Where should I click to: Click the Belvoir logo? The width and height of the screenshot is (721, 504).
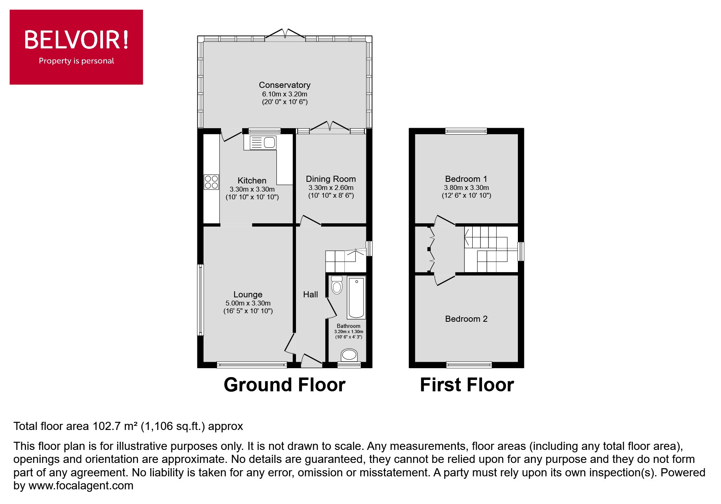[77, 47]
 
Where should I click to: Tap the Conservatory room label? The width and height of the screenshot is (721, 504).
[285, 85]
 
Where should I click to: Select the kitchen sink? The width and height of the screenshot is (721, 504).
[263, 143]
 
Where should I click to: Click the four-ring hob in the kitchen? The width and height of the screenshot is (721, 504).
[211, 182]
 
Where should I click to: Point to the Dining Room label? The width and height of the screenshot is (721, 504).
[331, 179]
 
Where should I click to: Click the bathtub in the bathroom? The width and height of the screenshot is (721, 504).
[356, 297]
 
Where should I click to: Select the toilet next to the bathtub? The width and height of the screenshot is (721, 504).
[337, 285]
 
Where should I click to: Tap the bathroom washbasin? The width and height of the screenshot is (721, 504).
[349, 355]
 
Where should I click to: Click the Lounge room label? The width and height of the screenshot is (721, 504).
[248, 295]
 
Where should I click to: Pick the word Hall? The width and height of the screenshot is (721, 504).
[310, 295]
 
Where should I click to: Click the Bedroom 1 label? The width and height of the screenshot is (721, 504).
[466, 179]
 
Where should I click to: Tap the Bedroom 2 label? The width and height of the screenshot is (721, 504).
[466, 319]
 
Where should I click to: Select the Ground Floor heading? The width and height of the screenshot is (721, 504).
[284, 385]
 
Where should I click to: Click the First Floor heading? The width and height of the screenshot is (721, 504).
[467, 385]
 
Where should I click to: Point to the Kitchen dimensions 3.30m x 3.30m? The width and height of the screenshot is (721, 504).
[252, 189]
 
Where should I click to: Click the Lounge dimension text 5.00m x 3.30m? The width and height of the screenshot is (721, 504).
[248, 303]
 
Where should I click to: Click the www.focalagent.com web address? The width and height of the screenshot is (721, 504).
[81, 486]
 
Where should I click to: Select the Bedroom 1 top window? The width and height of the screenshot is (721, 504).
[466, 131]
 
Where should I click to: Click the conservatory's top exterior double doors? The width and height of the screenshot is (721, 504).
[285, 36]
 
